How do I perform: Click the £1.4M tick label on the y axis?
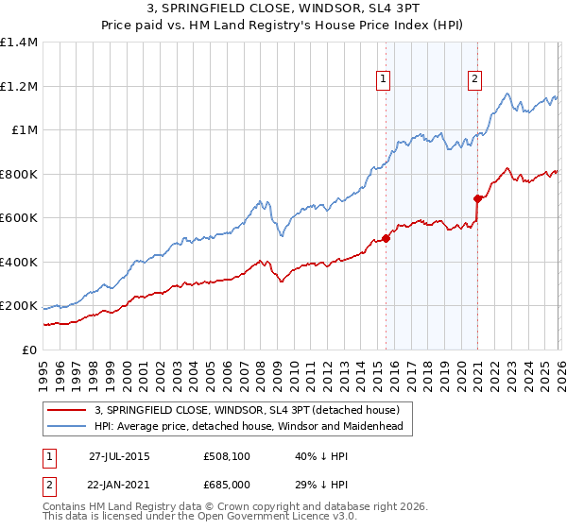[x=19, y=43]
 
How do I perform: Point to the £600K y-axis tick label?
[x=19, y=218]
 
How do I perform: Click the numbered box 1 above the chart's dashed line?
[x=384, y=80]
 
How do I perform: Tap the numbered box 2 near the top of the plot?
[x=473, y=80]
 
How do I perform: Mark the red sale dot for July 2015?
[x=386, y=238]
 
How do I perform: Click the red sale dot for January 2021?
[x=477, y=198]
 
